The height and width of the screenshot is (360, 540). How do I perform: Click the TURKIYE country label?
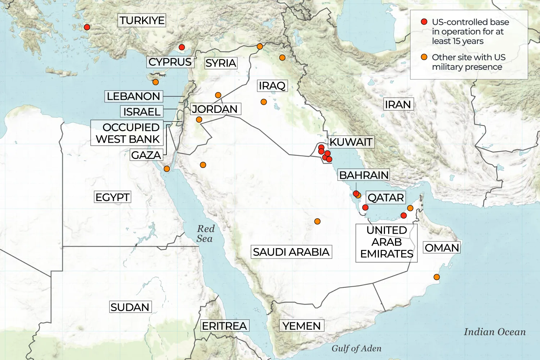click(x=142, y=20)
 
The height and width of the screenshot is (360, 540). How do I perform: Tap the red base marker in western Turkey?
click(x=87, y=27)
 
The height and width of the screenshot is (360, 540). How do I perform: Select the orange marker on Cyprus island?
click(x=155, y=82)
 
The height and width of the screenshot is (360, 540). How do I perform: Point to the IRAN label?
click(x=398, y=104)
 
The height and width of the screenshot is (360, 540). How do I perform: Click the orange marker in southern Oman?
click(x=436, y=277)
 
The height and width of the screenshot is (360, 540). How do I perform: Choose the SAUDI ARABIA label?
click(x=291, y=252)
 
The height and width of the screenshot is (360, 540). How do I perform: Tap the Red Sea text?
click(x=205, y=234)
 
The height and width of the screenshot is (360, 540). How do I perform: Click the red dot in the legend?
click(x=424, y=22)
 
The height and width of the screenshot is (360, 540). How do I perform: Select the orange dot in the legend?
click(x=424, y=57)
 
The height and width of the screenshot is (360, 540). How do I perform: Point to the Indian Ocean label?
click(x=495, y=332)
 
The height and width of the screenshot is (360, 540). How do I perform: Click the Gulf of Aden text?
click(x=356, y=348)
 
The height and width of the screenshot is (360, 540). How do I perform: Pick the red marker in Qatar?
click(x=365, y=207)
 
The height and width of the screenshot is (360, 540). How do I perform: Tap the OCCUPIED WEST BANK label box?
click(x=127, y=133)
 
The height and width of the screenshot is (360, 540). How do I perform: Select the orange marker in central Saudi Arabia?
click(x=317, y=221)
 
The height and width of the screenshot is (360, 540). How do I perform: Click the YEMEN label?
click(x=301, y=326)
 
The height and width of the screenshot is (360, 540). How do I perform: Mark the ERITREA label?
click(x=224, y=326)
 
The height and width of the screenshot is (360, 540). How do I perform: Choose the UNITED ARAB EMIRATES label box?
click(x=386, y=242)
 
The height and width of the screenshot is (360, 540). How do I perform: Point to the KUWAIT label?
click(x=351, y=142)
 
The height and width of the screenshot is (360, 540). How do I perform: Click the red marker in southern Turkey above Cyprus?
click(x=182, y=47)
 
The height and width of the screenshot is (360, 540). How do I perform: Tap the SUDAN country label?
click(x=130, y=307)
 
